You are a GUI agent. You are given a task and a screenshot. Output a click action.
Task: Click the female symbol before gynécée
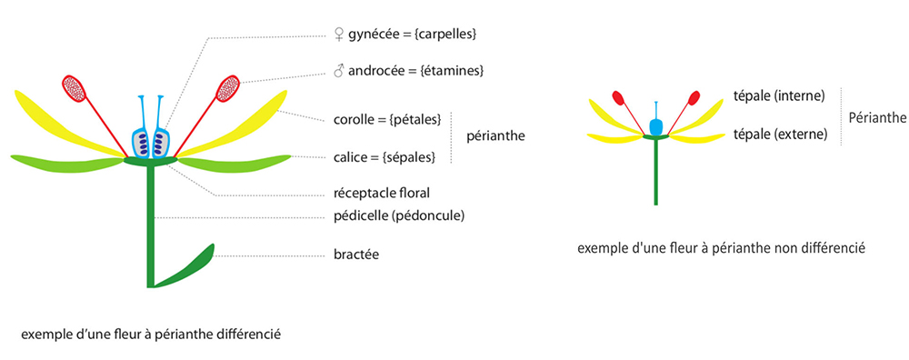click(339, 35)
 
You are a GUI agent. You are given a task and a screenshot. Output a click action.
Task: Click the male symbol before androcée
click(339, 70)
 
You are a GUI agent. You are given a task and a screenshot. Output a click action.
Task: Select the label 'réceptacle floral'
click(383, 193)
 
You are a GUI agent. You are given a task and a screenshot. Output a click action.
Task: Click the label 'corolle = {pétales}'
click(388, 120)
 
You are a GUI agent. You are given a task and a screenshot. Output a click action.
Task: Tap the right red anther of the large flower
click(228, 88)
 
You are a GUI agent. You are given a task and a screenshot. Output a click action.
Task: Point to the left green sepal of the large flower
click(64, 162)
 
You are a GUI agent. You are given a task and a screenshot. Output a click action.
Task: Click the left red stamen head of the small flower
click(618, 97)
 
